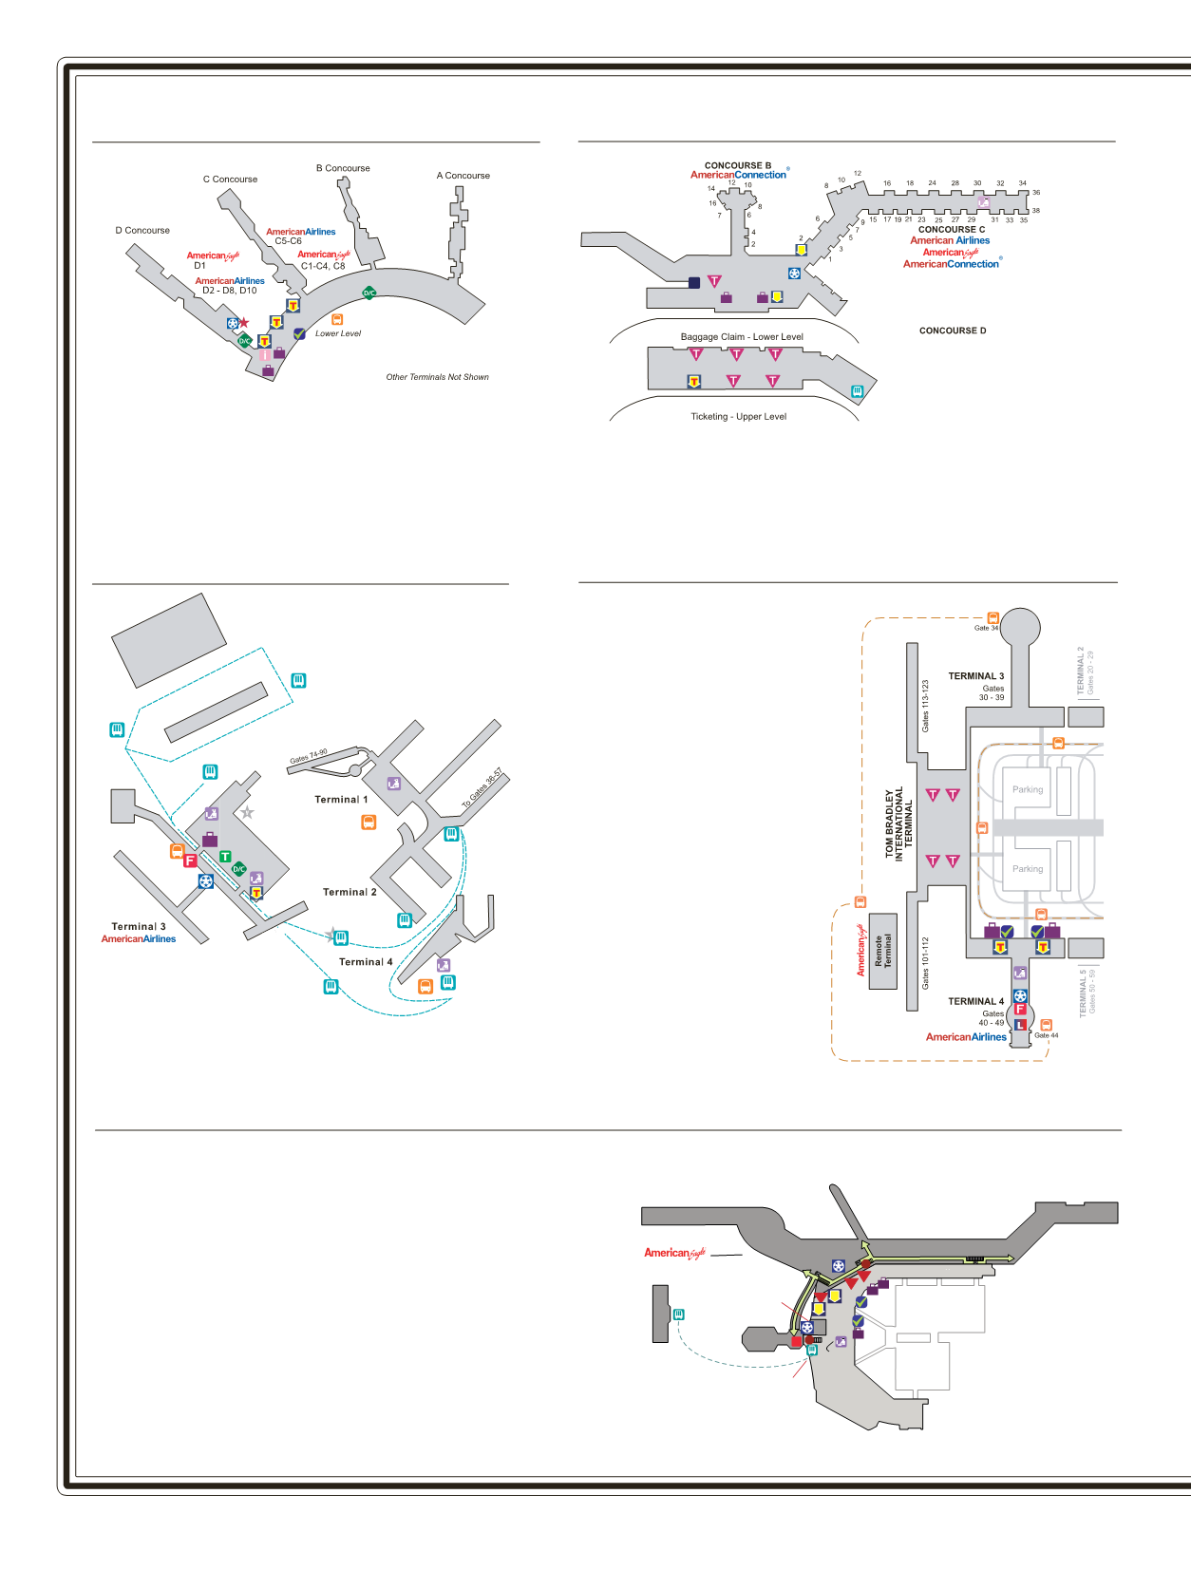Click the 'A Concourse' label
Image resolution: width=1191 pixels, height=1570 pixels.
[x=463, y=176]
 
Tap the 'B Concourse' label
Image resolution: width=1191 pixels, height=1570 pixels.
[x=343, y=168]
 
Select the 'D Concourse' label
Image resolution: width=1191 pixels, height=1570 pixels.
[x=142, y=231]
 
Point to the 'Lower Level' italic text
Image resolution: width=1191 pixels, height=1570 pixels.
[x=338, y=333]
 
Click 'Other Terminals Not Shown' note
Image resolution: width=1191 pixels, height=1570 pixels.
[x=437, y=377]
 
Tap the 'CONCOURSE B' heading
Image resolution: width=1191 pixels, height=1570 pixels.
[x=738, y=165]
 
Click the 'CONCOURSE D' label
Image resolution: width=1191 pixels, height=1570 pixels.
[x=953, y=331]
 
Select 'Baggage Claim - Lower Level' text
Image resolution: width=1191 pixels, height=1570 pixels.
[x=742, y=337]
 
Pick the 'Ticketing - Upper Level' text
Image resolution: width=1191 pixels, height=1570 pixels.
[x=738, y=417]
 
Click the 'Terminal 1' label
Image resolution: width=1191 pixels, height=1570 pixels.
[x=341, y=800]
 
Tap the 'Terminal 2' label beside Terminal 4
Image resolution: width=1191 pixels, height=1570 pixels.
[x=350, y=892]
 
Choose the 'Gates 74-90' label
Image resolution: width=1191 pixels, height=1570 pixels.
[x=308, y=757]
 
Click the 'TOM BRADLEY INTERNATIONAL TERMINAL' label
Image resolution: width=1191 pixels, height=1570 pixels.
[x=898, y=823]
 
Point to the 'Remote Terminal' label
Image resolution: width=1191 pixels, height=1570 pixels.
[x=883, y=951]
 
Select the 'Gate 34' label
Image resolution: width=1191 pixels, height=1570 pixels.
[x=986, y=628]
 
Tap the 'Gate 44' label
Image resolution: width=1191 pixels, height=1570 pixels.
[x=1046, y=1035]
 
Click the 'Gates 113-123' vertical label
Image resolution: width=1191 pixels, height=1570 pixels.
[x=926, y=705]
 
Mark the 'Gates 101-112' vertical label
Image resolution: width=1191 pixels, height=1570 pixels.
[x=926, y=963]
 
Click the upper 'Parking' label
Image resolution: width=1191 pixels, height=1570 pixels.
[x=1027, y=789]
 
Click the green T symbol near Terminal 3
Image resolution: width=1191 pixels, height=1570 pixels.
[x=225, y=856]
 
